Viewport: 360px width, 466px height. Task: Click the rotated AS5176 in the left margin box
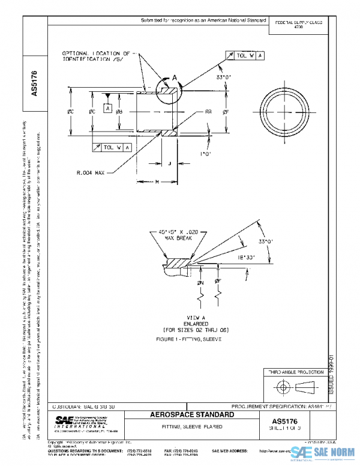tap(34, 85)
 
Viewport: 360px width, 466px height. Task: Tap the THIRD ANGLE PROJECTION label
tap(294, 372)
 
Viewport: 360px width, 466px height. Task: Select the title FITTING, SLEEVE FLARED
tap(192, 426)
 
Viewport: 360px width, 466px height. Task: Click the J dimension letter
tap(169, 163)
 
